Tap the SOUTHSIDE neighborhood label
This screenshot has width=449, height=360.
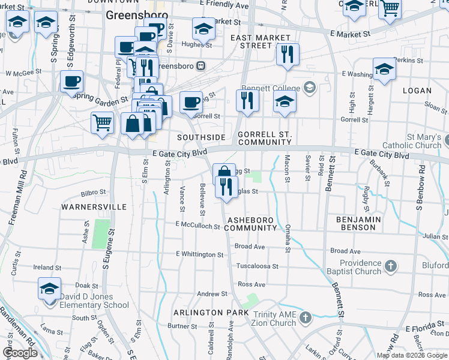[x=201, y=137]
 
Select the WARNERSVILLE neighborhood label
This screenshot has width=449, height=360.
[x=94, y=206]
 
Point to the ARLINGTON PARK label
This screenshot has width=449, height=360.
[x=211, y=313]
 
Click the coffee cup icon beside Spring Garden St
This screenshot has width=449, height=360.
[x=71, y=81]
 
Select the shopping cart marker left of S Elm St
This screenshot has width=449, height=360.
[x=103, y=122]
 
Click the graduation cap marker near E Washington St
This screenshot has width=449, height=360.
[x=384, y=68]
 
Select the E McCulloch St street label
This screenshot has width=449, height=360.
[x=198, y=226]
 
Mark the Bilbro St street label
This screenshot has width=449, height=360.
[x=93, y=193]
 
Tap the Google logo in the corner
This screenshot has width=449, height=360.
[x=20, y=353]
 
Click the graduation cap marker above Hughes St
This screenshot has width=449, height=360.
[x=203, y=28]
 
